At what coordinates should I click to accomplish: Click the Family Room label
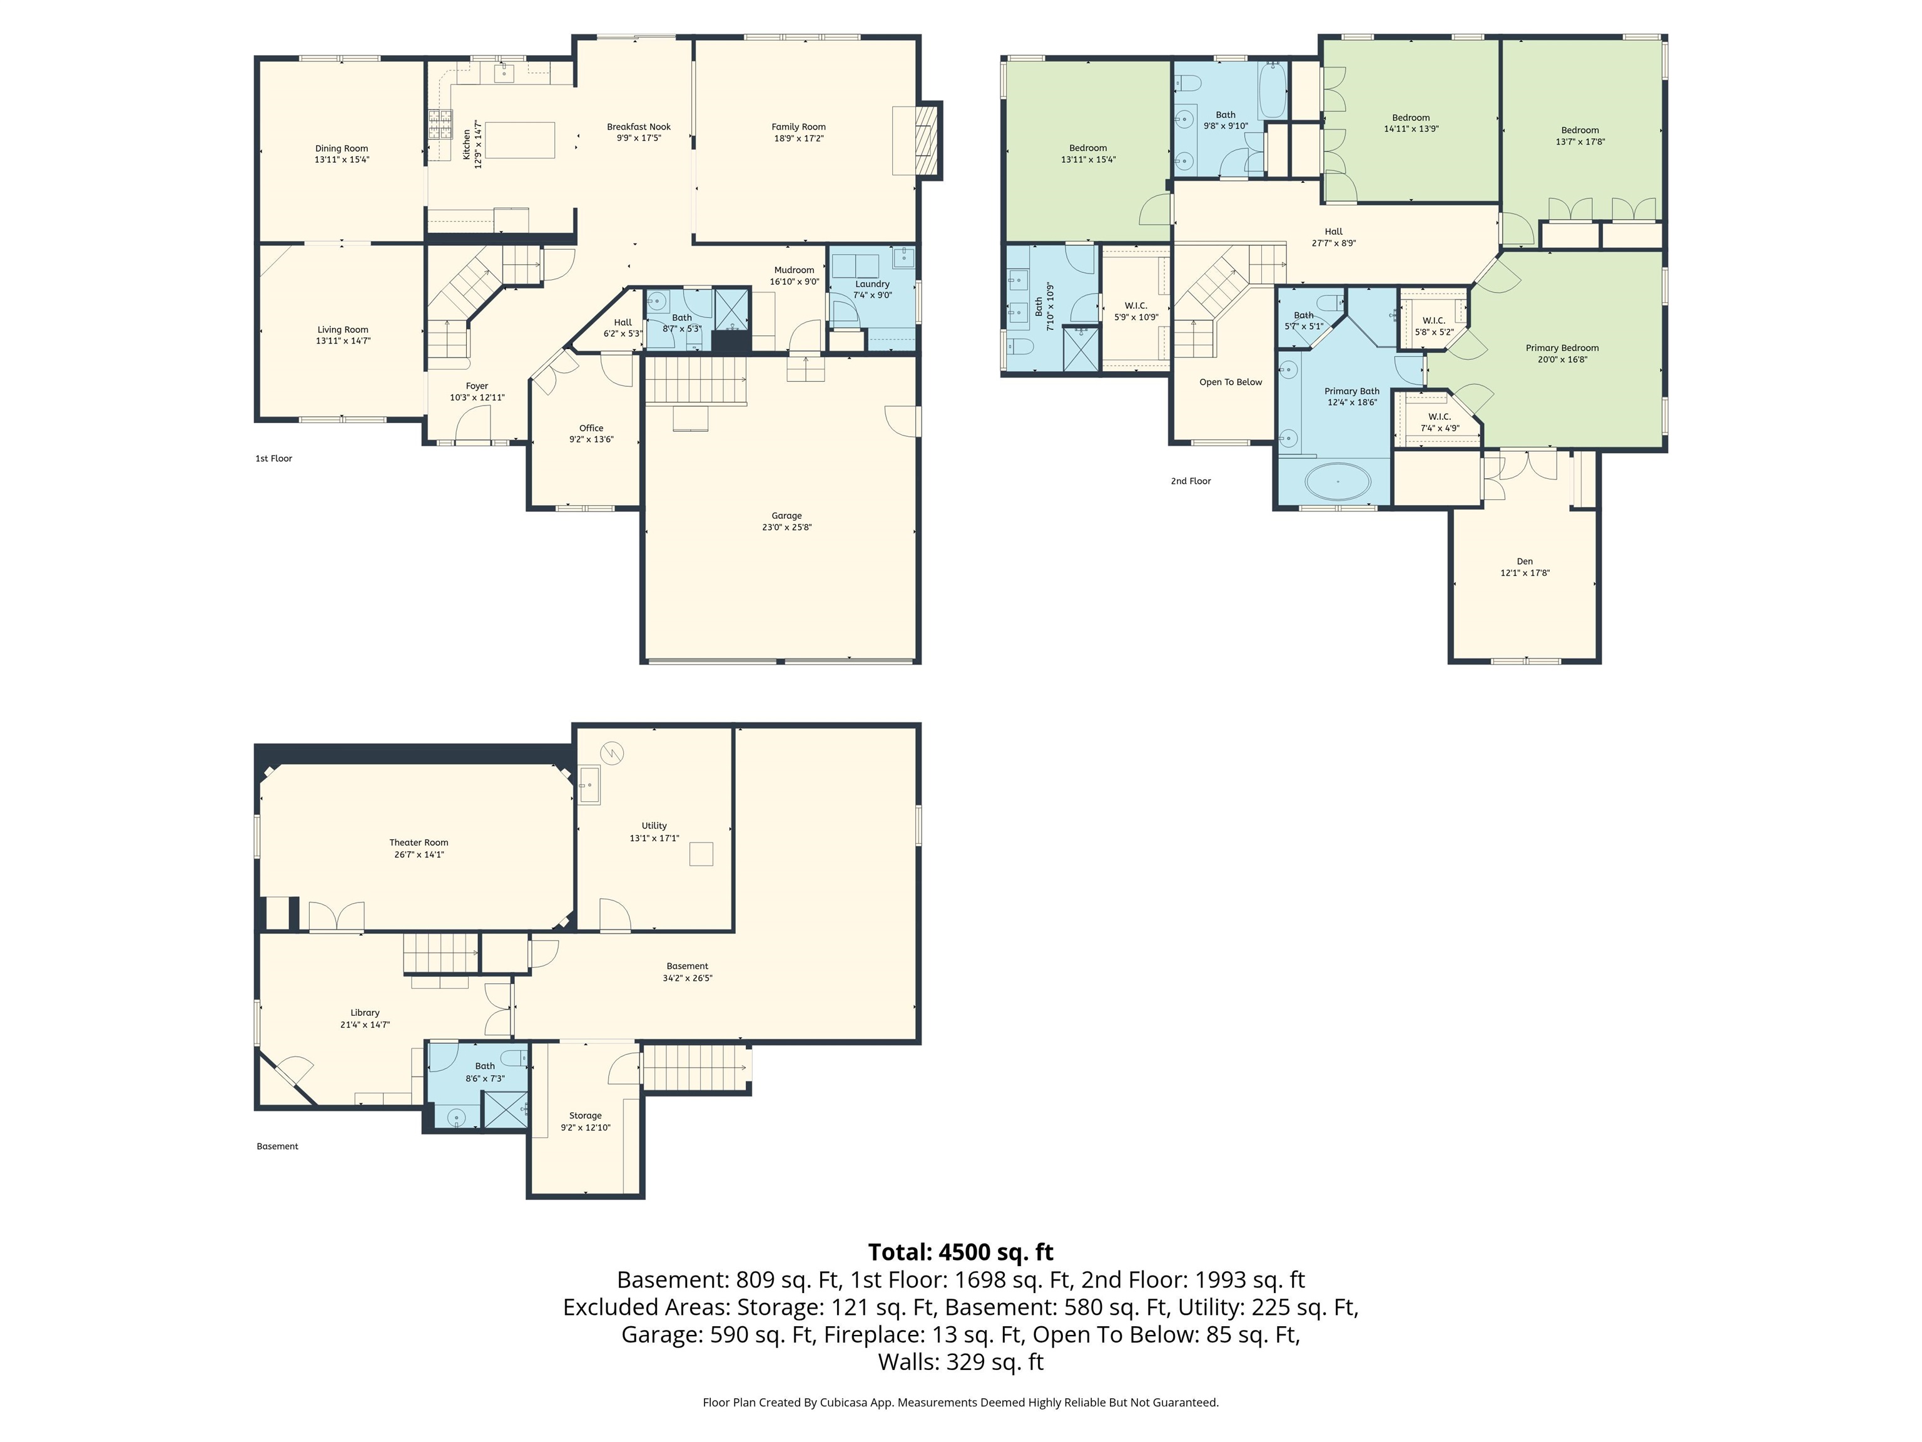pos(798,127)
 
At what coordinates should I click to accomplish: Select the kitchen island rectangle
pos(519,140)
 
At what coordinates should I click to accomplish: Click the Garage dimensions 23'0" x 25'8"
pos(786,528)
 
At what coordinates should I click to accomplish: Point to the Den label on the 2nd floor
pos(1524,561)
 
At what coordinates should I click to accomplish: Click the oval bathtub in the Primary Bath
pos(1337,481)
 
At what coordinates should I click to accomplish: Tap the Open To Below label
pos(1231,382)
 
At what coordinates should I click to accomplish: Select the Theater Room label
pos(418,842)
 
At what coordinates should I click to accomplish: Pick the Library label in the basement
pos(365,1013)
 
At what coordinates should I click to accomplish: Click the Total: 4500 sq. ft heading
pos(960,1252)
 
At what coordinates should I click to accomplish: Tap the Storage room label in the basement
pos(585,1115)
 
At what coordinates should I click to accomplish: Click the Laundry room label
pos(872,284)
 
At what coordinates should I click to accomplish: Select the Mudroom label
pos(793,270)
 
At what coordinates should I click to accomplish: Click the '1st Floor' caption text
pos(273,459)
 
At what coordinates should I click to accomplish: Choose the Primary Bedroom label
pos(1562,348)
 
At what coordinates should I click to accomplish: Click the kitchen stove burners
pos(440,125)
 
